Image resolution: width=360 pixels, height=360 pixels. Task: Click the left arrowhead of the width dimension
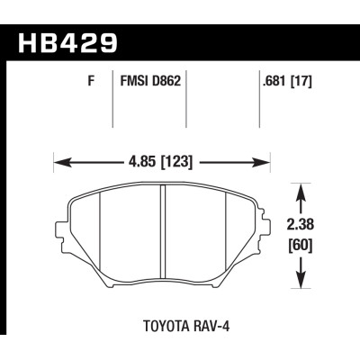[59, 164]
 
